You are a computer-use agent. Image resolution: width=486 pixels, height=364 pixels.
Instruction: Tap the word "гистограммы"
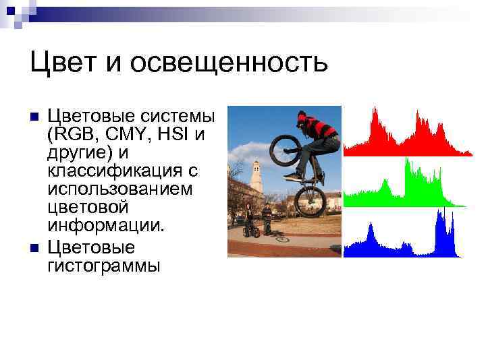pos(104,265)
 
